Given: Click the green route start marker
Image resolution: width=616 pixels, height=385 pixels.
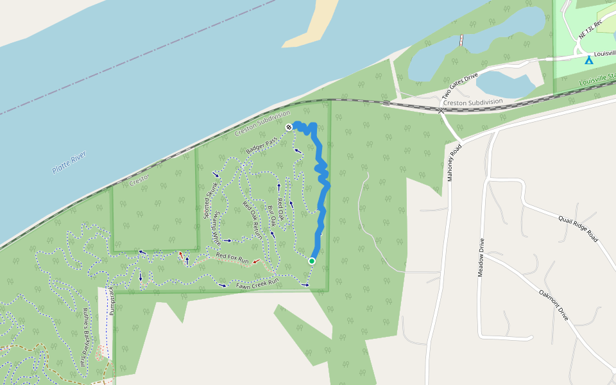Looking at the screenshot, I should click(312, 261).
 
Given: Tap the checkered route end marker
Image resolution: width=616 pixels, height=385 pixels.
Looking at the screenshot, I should click(289, 127).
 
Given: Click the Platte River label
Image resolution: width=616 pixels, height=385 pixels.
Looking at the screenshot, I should click(69, 162).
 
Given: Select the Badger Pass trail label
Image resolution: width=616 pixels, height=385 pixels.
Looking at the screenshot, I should click(261, 144).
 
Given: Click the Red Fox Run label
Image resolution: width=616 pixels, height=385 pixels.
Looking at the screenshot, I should click(232, 257).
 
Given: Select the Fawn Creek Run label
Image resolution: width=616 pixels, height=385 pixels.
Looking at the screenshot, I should click(257, 282).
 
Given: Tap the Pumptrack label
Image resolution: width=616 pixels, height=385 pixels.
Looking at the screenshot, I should click(114, 300).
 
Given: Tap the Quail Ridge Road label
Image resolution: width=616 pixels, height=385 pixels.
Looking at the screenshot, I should click(577, 227).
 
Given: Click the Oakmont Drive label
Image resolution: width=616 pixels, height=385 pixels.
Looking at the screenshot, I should click(553, 305).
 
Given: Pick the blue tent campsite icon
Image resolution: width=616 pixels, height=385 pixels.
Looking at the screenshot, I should click(588, 60).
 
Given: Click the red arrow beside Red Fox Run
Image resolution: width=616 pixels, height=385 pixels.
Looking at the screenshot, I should click(256, 262).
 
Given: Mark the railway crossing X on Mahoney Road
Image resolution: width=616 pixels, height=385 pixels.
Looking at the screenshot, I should click(441, 110).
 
